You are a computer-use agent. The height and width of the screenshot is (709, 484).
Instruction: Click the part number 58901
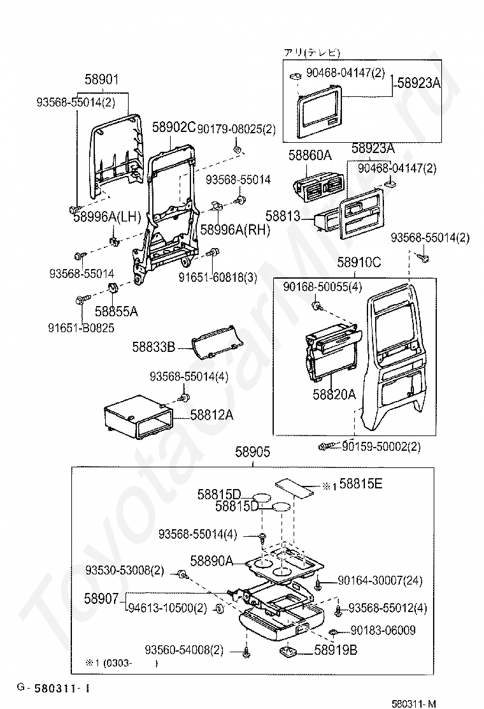[x=102, y=80]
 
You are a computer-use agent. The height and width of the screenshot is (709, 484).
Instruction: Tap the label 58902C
[x=173, y=128]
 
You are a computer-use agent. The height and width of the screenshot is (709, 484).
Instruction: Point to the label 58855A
[x=117, y=311]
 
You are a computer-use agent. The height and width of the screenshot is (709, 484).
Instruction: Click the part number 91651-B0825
[x=80, y=328]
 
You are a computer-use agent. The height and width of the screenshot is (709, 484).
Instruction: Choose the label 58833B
[x=153, y=347]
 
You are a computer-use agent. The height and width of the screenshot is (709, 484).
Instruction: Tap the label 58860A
[x=310, y=155]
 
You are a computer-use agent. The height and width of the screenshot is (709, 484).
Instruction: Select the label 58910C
[x=359, y=262]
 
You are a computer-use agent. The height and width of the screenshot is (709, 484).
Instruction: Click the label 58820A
[x=334, y=395]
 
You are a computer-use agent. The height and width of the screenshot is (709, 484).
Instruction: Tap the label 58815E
[x=360, y=484]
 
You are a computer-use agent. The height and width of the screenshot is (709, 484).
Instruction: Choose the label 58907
[x=101, y=599]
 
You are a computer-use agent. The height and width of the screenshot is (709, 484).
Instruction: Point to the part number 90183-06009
[x=383, y=631]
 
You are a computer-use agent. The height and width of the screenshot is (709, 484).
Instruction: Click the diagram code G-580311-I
[x=53, y=687]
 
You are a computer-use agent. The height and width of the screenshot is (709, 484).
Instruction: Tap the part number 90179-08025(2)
[x=236, y=129]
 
